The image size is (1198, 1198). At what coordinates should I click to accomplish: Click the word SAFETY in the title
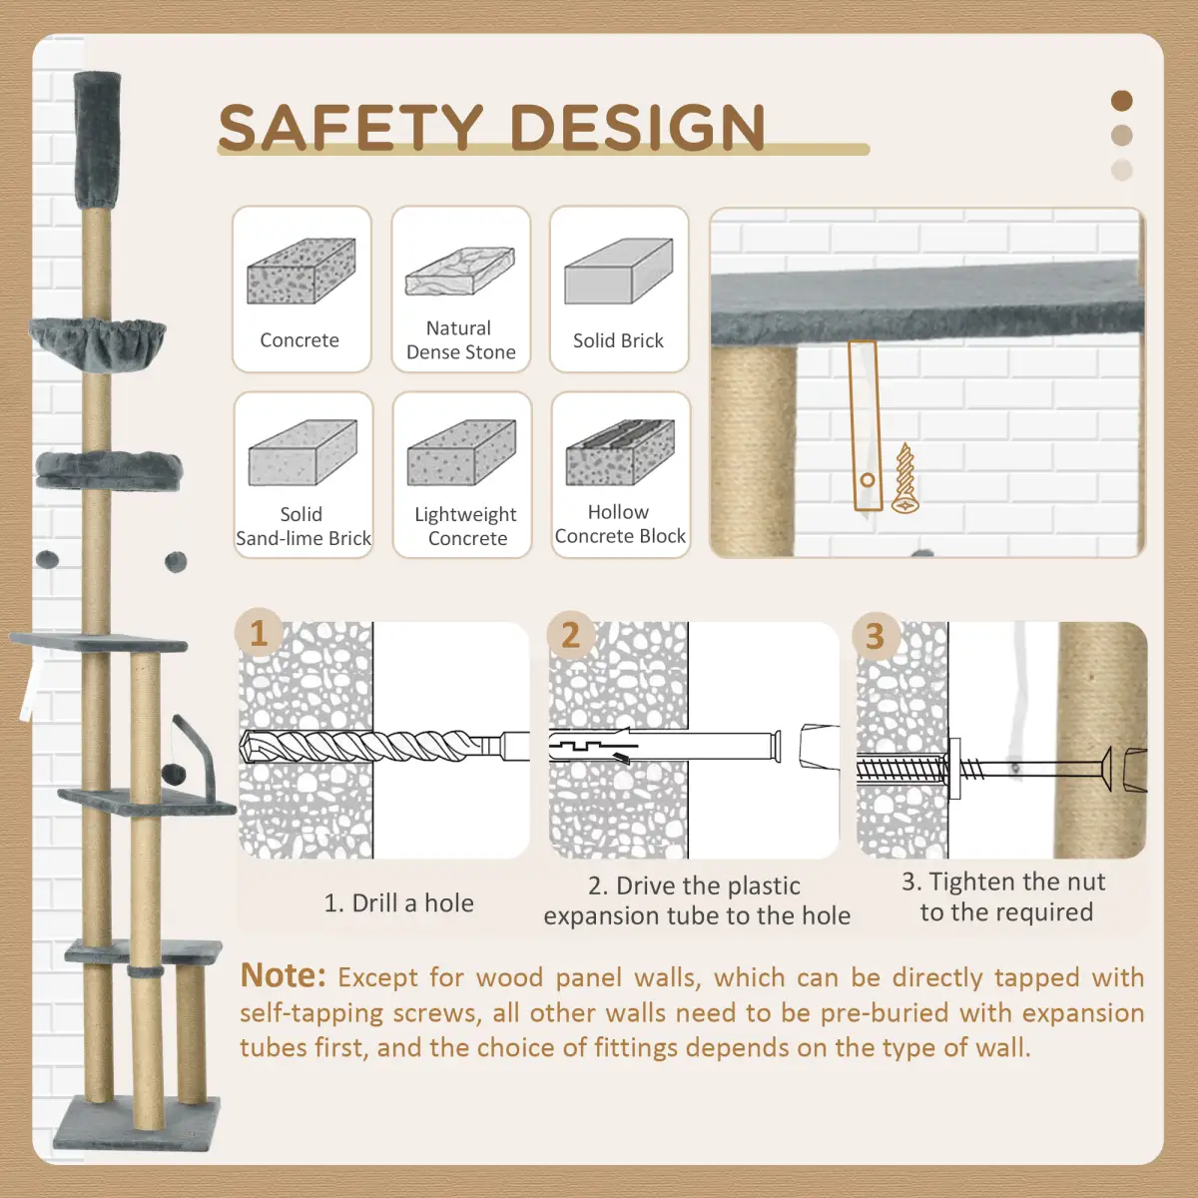point(350,127)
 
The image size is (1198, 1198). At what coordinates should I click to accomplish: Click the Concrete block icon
point(301,271)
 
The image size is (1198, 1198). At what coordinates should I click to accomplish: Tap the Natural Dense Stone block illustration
point(460,271)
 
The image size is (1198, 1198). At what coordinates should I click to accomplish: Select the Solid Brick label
point(619,340)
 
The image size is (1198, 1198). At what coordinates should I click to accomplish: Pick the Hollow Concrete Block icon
point(620,452)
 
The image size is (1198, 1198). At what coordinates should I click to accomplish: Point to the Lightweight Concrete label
point(466,526)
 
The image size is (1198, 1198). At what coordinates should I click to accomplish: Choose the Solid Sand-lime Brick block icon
point(302,452)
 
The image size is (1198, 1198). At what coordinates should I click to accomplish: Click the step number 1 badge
point(259,634)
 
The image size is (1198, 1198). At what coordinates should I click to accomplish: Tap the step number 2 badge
point(571,635)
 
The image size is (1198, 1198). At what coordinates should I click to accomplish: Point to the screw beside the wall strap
point(905,478)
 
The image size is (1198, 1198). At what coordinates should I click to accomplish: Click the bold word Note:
point(283,975)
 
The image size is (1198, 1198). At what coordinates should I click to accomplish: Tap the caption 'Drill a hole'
point(412,903)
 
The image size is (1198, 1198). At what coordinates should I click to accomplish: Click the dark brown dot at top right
point(1121,101)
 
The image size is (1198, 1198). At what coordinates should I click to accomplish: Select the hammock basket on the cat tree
point(98,342)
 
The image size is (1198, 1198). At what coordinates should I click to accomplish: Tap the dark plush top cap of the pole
point(98,142)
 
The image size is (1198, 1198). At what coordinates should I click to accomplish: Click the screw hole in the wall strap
point(868,480)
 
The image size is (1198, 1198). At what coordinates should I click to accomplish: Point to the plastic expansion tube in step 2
point(665,746)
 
